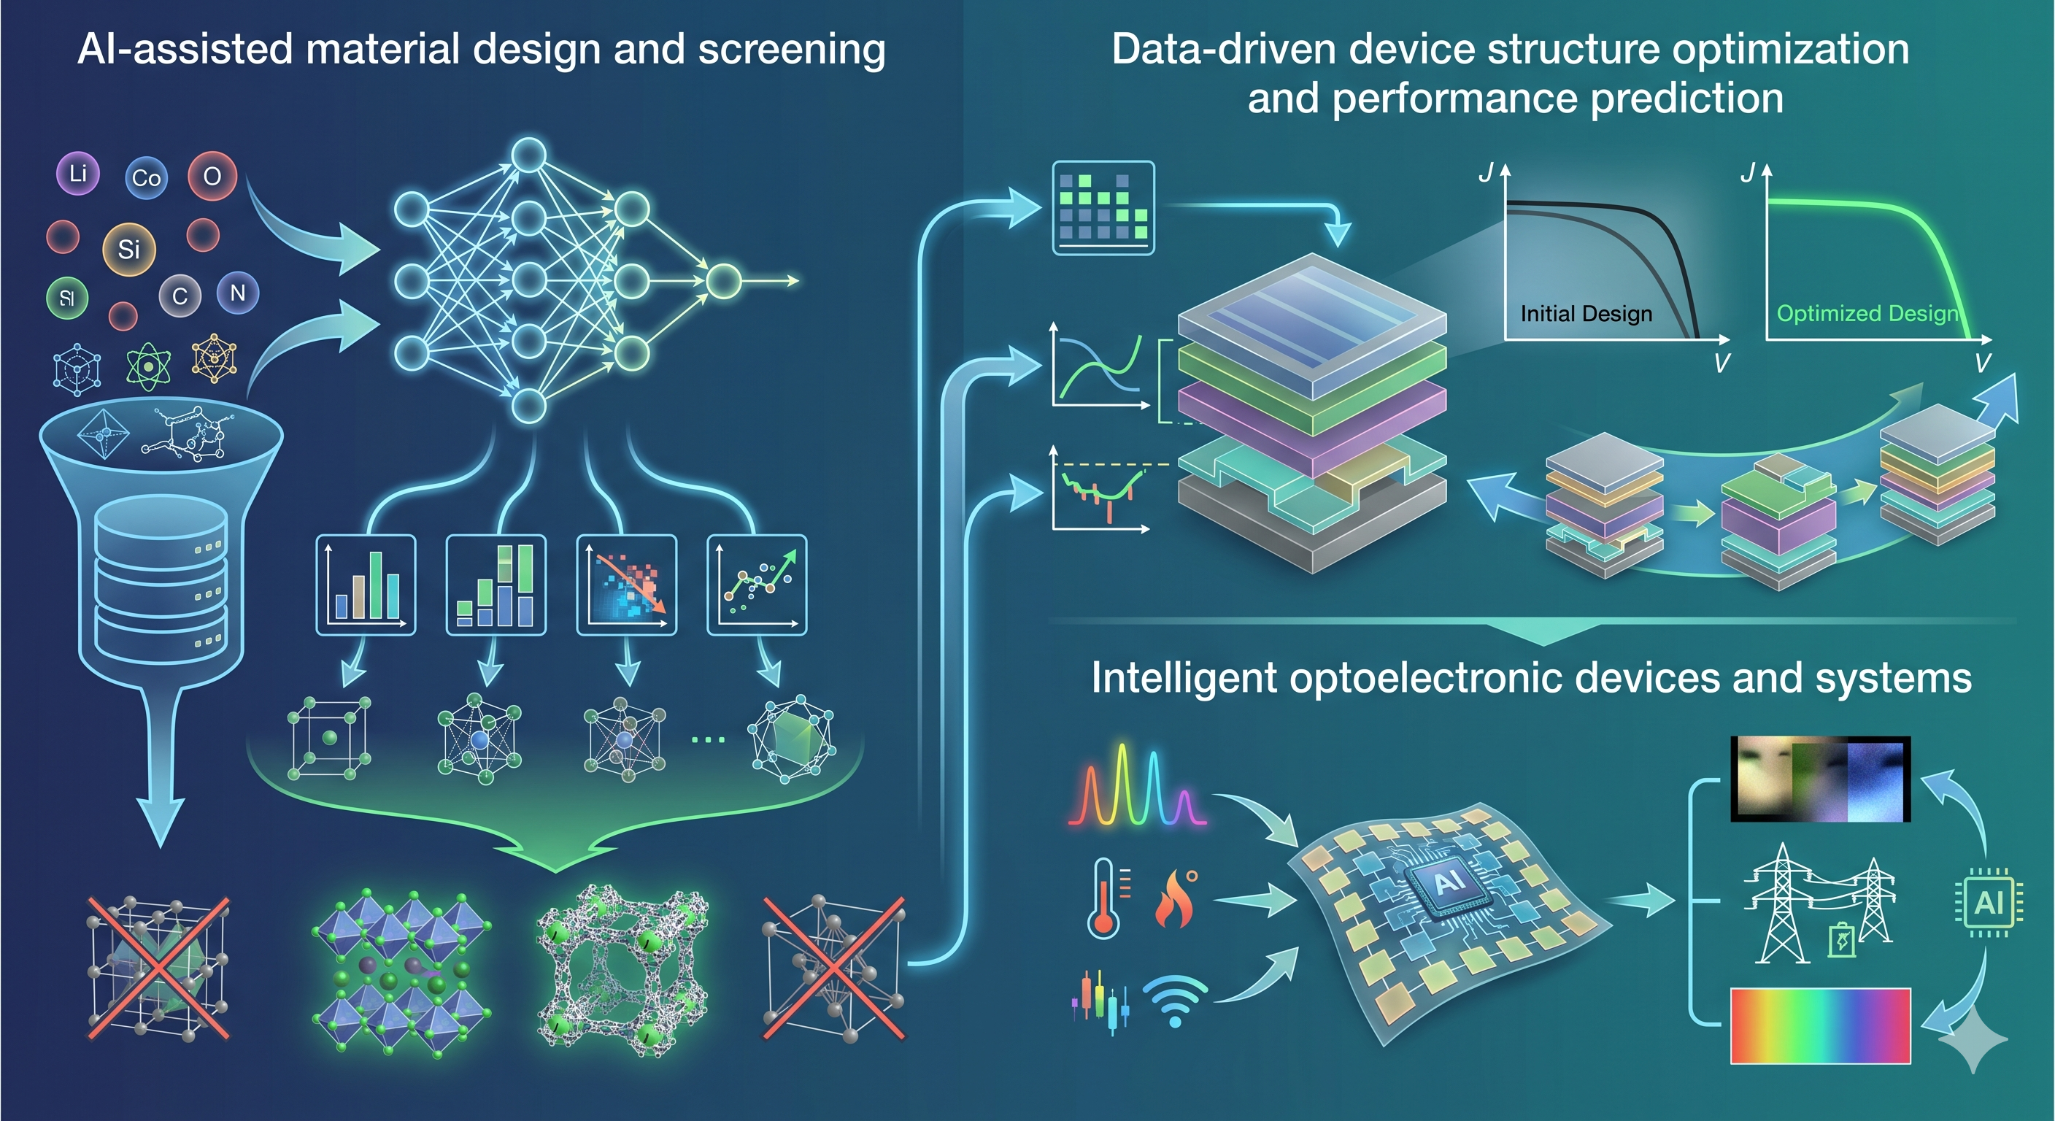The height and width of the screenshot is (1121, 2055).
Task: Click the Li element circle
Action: (x=77, y=173)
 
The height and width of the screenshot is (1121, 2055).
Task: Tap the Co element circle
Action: (x=146, y=178)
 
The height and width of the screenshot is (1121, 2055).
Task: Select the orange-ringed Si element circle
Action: (x=128, y=249)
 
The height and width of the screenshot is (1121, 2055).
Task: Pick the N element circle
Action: (x=237, y=293)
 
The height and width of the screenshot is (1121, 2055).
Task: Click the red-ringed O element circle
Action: (x=212, y=176)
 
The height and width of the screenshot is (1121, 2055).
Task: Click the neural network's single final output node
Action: (x=724, y=281)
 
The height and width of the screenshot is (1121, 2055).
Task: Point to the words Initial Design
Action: (x=1586, y=314)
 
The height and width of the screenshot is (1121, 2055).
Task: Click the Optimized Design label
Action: (x=1867, y=314)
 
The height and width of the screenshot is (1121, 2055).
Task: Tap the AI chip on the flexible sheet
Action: (x=1449, y=882)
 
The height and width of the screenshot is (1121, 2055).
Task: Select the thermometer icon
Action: (x=1104, y=898)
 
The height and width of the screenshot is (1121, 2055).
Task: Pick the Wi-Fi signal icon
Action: (x=1174, y=1001)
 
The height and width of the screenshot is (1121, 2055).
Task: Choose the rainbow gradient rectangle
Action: (x=1821, y=1026)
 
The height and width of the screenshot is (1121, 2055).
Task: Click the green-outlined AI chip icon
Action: (x=1988, y=902)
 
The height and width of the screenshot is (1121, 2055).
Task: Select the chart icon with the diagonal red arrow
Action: (x=626, y=585)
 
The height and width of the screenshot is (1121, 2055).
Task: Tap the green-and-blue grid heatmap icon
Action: (x=1103, y=207)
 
